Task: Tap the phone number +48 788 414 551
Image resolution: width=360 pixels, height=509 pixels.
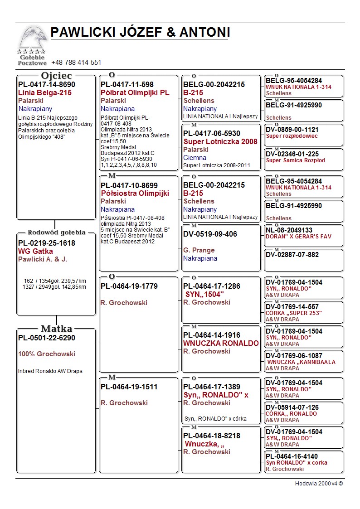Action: click(76, 63)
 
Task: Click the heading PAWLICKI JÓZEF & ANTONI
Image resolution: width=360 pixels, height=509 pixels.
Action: click(140, 33)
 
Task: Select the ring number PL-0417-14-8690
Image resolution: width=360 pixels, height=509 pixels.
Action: click(47, 84)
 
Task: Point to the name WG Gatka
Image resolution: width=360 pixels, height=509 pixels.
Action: click(35, 251)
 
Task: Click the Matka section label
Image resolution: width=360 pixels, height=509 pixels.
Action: click(56, 329)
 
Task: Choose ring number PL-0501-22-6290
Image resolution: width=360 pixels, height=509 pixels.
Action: click(47, 338)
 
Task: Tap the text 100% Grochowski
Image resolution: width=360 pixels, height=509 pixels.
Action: click(47, 354)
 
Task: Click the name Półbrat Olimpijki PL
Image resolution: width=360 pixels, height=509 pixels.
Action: click(135, 92)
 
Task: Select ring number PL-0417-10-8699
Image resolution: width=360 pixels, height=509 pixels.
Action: click(129, 185)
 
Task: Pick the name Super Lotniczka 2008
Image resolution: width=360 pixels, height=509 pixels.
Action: click(220, 141)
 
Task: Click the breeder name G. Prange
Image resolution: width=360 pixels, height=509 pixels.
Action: click(199, 250)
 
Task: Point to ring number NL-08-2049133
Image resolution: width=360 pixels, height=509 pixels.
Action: click(289, 230)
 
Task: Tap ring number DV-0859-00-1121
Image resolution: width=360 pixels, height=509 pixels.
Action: click(292, 130)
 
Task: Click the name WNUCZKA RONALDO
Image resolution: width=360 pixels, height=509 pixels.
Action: click(221, 343)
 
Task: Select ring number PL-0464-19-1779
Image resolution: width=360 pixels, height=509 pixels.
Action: click(129, 286)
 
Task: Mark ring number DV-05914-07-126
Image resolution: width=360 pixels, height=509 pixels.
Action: click(292, 407)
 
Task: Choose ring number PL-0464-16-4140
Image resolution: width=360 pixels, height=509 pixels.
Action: click(292, 456)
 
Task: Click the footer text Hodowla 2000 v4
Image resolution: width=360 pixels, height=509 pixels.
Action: click(319, 484)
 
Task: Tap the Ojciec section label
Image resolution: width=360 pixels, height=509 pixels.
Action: click(56, 75)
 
